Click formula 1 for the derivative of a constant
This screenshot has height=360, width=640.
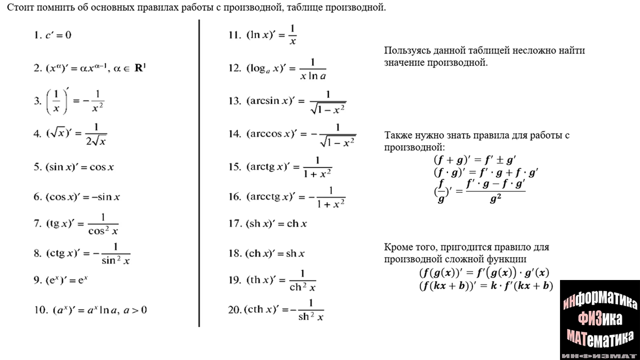52,36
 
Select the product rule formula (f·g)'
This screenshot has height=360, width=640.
486,172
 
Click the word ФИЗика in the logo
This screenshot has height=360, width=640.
599,319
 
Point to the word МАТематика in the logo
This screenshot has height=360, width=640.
599,337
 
